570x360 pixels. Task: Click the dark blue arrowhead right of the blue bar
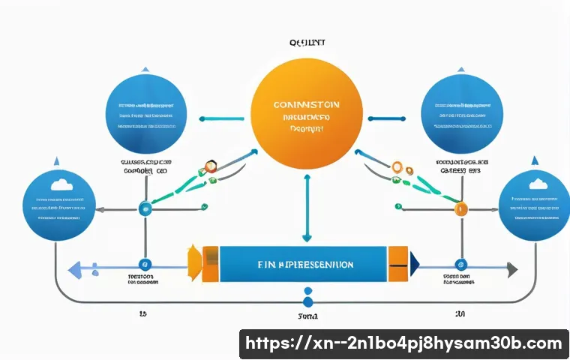pyautogui.click(x=413, y=263)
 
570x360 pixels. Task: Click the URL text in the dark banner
pyautogui.click(x=403, y=344)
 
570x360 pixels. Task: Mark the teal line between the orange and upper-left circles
pyautogui.click(x=222, y=118)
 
